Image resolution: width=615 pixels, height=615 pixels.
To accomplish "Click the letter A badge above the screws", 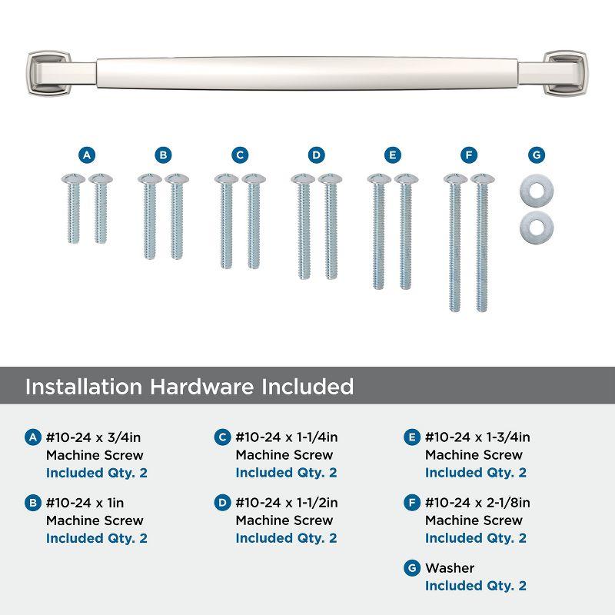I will point(87,155).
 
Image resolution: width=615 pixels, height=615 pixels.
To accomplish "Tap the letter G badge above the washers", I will point(537,155).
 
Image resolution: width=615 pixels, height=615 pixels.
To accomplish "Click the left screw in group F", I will point(454,243).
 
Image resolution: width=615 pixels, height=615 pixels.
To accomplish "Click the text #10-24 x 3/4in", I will point(93,438).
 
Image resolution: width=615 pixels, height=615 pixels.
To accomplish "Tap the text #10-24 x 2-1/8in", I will point(477,504).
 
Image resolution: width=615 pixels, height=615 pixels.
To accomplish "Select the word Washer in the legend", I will point(450,568).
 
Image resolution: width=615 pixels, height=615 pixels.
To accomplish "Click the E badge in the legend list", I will point(411,438).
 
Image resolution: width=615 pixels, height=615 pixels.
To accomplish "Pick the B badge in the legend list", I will point(32,504).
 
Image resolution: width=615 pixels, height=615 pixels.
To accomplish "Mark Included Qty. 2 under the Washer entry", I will point(475,586).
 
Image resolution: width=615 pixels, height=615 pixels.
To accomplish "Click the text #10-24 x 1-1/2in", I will point(288,504).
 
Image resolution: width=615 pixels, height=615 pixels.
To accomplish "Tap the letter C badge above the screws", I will point(240,155).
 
